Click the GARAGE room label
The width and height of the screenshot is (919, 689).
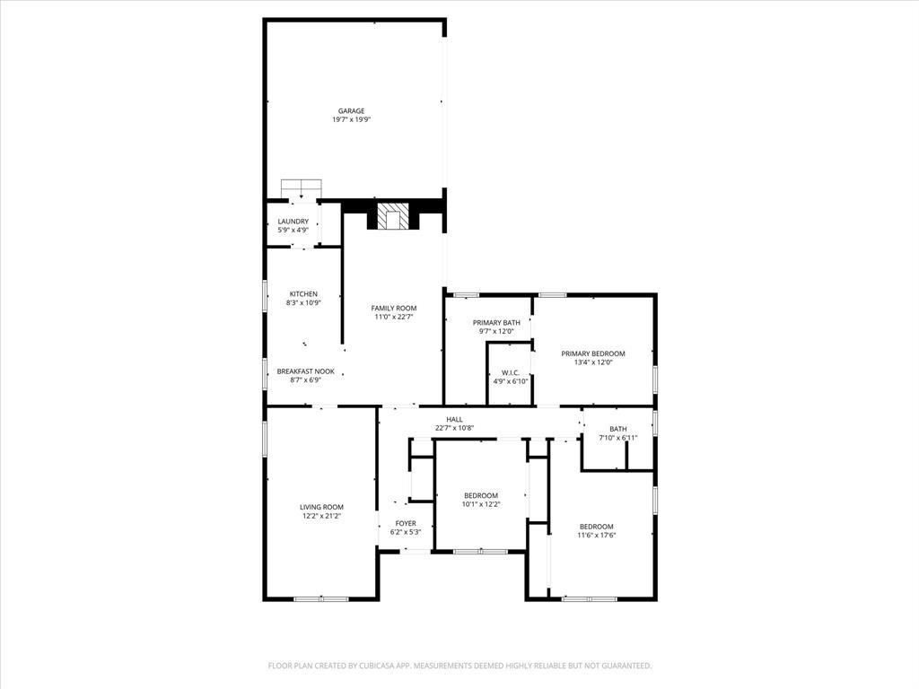[x=351, y=111]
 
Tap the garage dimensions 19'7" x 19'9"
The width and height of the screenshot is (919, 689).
[x=351, y=119]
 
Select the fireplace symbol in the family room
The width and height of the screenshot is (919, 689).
[x=392, y=215]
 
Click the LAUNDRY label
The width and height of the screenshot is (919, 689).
[x=293, y=222]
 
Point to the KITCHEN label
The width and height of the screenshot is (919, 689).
[x=303, y=294]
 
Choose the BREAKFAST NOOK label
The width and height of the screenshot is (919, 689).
[x=305, y=371]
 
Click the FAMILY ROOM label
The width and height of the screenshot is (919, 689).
[x=394, y=308]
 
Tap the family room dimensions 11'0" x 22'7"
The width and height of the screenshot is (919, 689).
[x=394, y=317]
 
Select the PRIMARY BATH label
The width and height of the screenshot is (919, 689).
[x=497, y=322]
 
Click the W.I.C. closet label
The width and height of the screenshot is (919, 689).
[x=510, y=373]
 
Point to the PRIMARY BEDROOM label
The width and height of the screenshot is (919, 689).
[x=593, y=353]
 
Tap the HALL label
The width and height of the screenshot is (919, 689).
[x=454, y=419]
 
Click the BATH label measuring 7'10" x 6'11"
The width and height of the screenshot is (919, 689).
[x=618, y=429]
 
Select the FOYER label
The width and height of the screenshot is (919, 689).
[x=406, y=523]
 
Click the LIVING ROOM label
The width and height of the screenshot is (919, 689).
[x=321, y=507]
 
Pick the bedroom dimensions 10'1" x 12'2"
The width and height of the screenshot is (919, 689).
[x=481, y=504]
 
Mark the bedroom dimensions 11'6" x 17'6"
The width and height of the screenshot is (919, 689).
[x=596, y=536]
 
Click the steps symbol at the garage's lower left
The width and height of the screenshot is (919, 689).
[x=301, y=189]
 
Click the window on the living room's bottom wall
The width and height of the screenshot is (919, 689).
[x=321, y=598]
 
